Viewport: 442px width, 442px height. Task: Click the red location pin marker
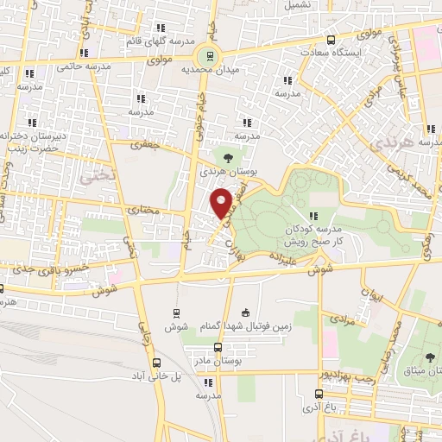223,204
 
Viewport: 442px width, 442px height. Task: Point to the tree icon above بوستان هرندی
227,158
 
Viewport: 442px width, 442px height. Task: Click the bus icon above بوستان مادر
217,346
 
